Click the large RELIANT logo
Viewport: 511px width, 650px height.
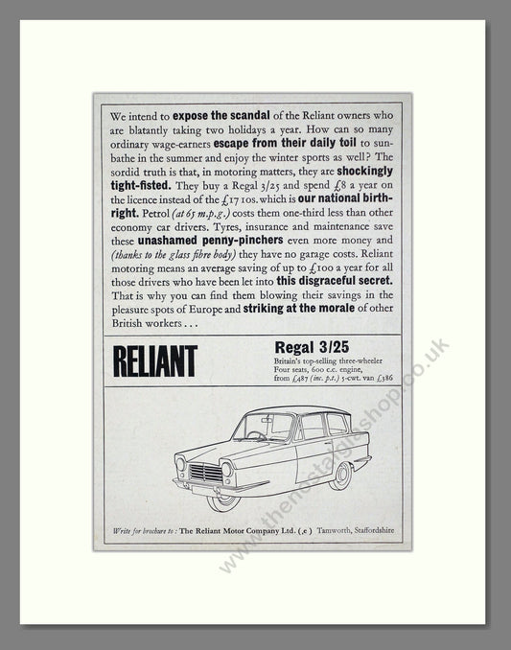coord(154,360)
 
